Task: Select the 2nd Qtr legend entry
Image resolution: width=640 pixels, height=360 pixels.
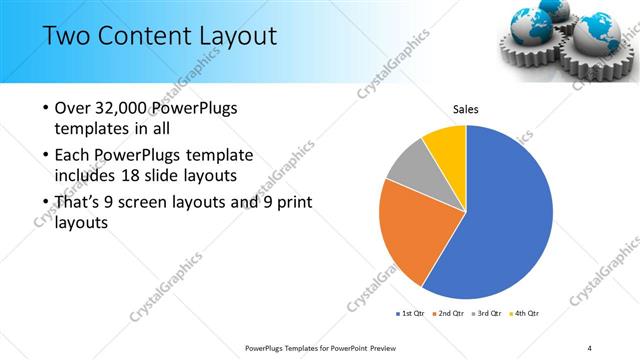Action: coord(447,314)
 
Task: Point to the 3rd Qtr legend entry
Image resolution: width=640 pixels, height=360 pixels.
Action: coord(486,314)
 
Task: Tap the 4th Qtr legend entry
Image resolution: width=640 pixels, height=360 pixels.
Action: coord(525,314)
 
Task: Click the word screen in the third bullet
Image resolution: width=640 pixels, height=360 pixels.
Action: coord(146,203)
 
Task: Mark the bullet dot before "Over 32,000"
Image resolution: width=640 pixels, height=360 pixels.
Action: coord(46,108)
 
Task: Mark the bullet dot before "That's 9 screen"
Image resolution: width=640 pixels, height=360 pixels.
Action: coord(46,203)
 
